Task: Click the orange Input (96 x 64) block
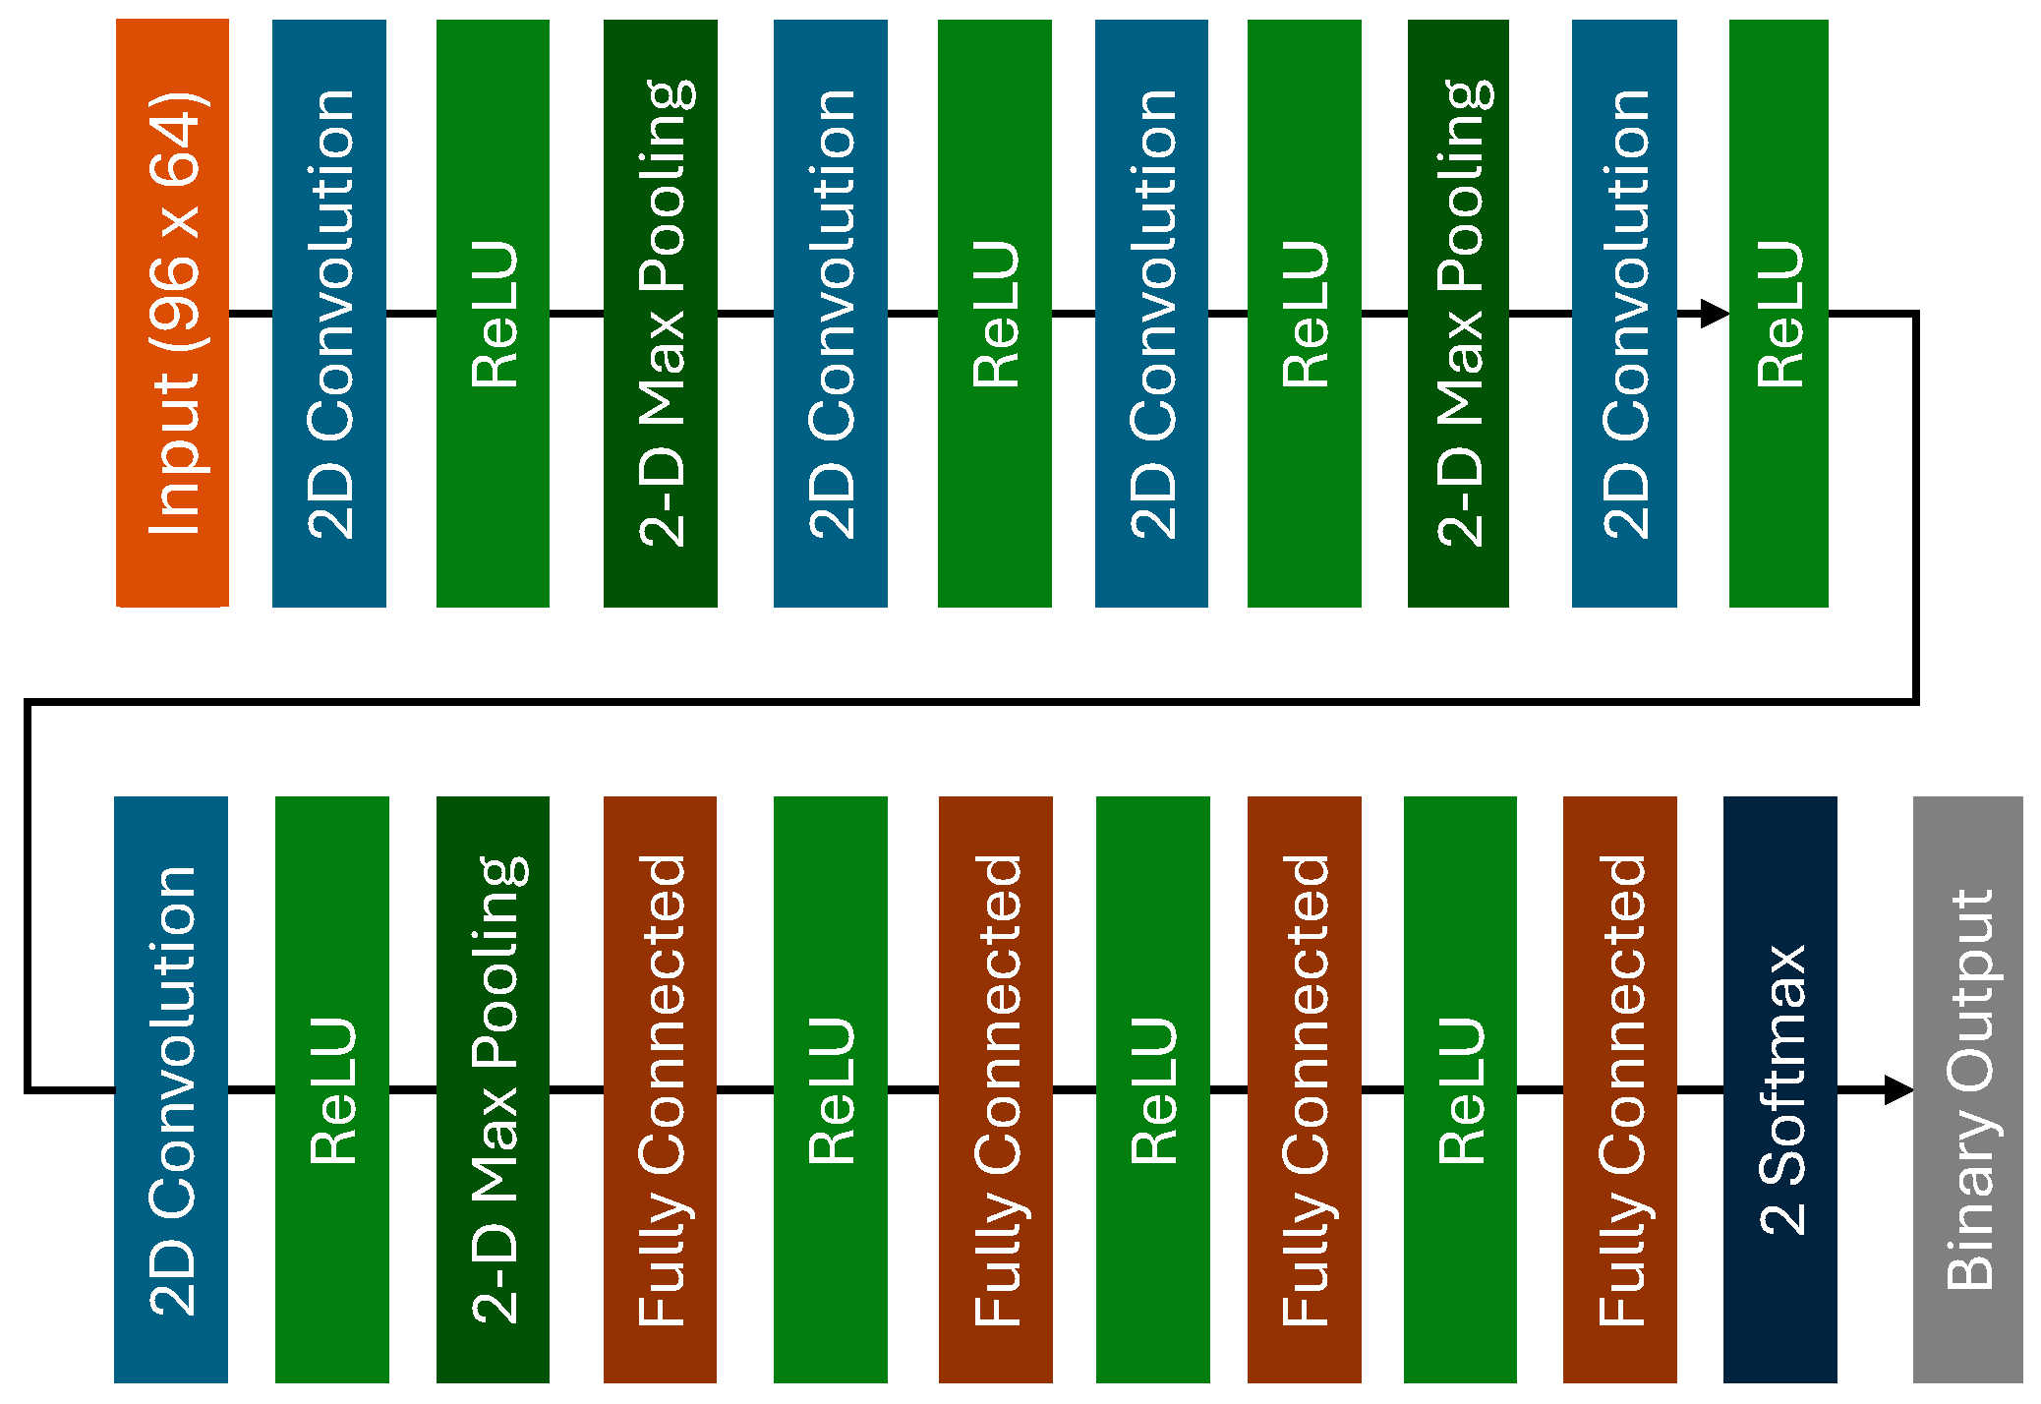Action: point(172,313)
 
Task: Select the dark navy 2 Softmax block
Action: point(1779,1089)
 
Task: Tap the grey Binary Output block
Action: point(1967,1089)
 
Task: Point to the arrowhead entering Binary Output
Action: point(1898,1089)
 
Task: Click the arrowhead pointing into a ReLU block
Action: point(1714,314)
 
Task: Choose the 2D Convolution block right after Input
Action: point(329,313)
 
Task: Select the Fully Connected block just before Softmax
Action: point(1619,1089)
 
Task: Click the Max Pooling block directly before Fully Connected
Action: point(493,1089)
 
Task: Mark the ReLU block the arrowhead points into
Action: point(1779,313)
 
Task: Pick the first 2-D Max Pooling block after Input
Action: point(660,313)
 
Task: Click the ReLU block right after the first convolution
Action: point(493,313)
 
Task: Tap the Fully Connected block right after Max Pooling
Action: point(660,1089)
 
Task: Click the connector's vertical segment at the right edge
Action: point(1915,507)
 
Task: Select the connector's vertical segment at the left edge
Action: point(29,895)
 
